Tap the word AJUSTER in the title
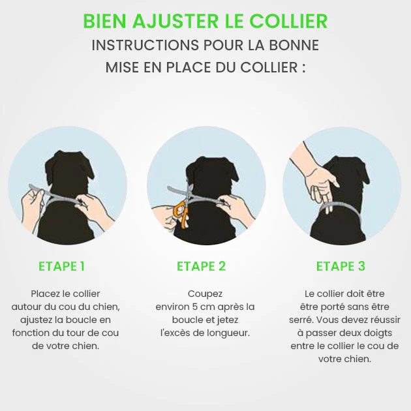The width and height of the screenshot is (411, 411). pyautogui.click(x=175, y=21)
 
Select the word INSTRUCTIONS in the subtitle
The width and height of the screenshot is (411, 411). pyautogui.click(x=145, y=45)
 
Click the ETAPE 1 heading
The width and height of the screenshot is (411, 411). pyautogui.click(x=61, y=266)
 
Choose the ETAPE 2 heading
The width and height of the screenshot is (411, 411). pyautogui.click(x=201, y=266)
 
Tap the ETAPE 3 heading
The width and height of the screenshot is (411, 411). pyautogui.click(x=341, y=266)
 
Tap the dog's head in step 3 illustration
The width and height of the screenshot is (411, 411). pyautogui.click(x=346, y=176)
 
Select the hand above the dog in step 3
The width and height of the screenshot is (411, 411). pyautogui.click(x=318, y=178)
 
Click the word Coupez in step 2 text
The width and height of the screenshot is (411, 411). pyautogui.click(x=205, y=294)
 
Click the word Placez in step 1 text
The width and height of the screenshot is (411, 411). pyautogui.click(x=46, y=294)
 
